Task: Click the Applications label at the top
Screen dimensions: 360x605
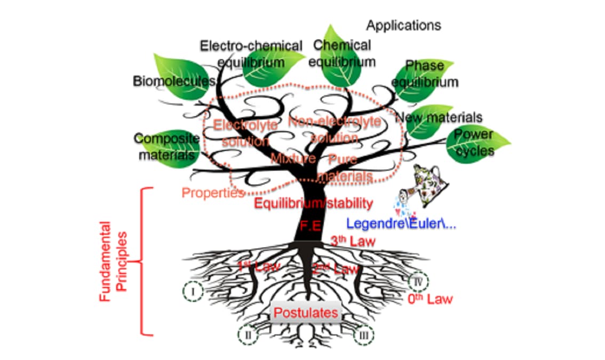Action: pos(403,25)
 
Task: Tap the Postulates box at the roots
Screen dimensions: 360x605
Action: pos(306,313)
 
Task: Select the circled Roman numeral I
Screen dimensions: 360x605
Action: pos(193,291)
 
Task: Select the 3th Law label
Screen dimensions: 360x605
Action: pos(353,241)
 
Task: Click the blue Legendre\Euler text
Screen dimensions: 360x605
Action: pos(401,223)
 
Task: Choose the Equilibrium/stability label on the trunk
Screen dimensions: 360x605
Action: pos(313,203)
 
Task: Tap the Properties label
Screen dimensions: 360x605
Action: pos(213,193)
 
